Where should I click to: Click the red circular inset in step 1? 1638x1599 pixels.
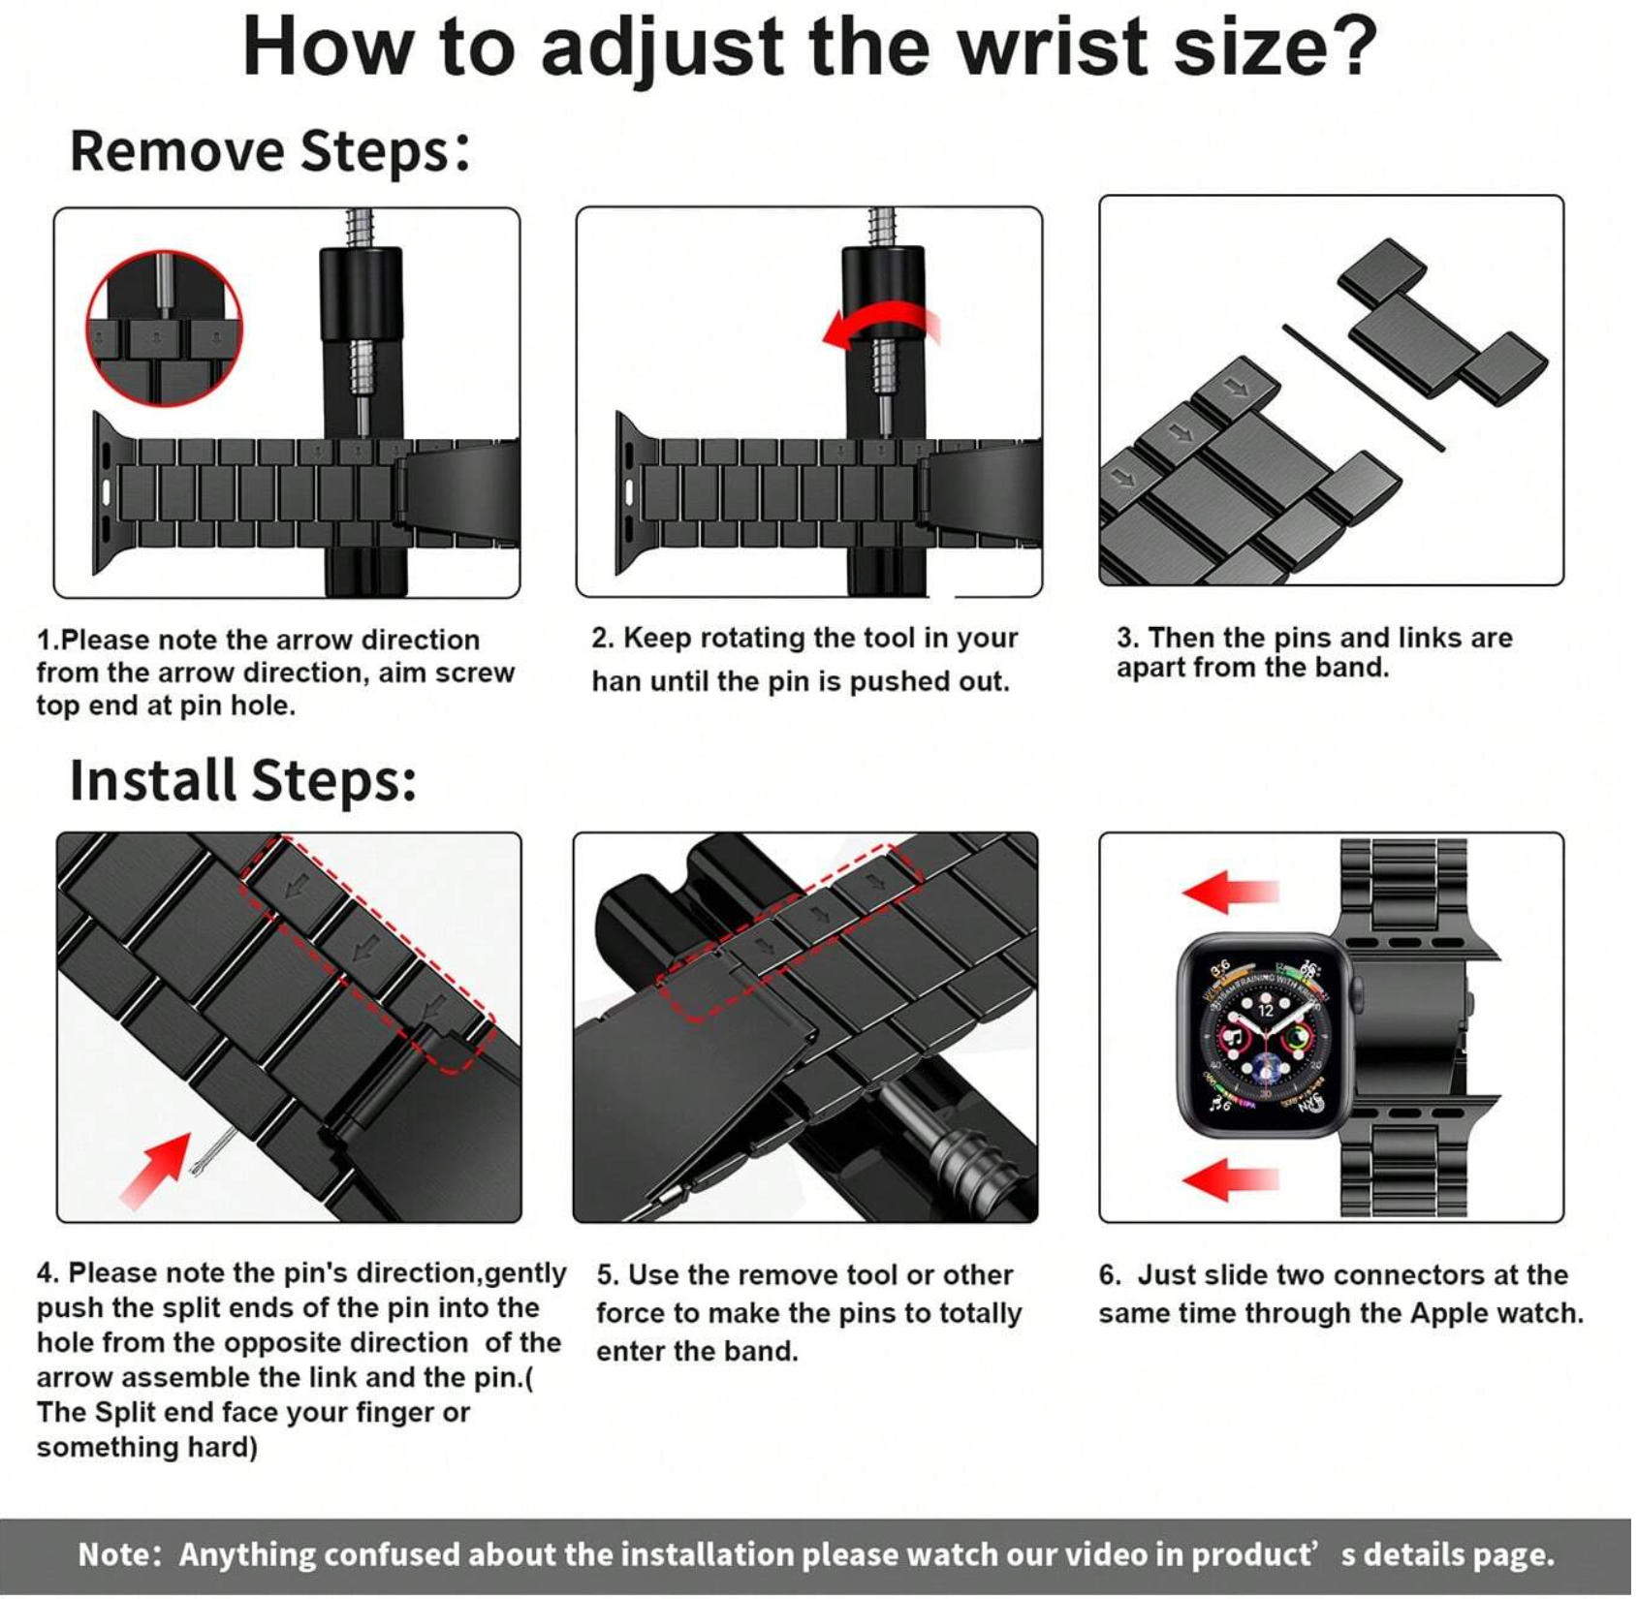pyautogui.click(x=164, y=329)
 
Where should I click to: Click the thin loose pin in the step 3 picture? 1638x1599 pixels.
pyautogui.click(x=1364, y=388)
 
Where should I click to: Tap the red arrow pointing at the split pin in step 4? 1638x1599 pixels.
pyautogui.click(x=155, y=1171)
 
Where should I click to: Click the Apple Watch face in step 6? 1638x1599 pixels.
pyautogui.click(x=1265, y=1036)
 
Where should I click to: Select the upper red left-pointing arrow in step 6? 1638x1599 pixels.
pyautogui.click(x=1230, y=891)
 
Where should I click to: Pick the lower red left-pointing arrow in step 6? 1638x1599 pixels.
pyautogui.click(x=1230, y=1179)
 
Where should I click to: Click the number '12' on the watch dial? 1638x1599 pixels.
pyautogui.click(x=1266, y=1010)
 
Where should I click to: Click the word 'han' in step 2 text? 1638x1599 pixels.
pyautogui.click(x=616, y=682)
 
